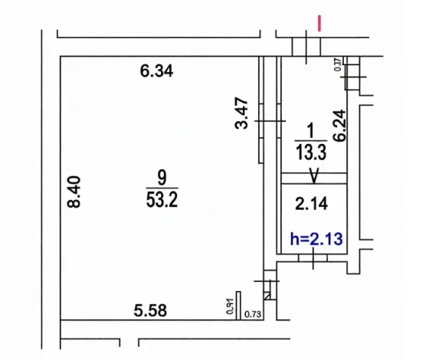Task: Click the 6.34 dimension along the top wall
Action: tap(157, 73)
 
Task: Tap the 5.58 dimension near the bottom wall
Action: tap(151, 310)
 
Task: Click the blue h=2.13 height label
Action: tap(315, 238)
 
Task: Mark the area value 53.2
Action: tap(162, 201)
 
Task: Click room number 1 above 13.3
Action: tap(311, 132)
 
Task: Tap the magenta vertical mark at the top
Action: tap(319, 25)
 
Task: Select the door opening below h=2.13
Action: tap(315, 261)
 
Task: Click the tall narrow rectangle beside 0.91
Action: tap(238, 304)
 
